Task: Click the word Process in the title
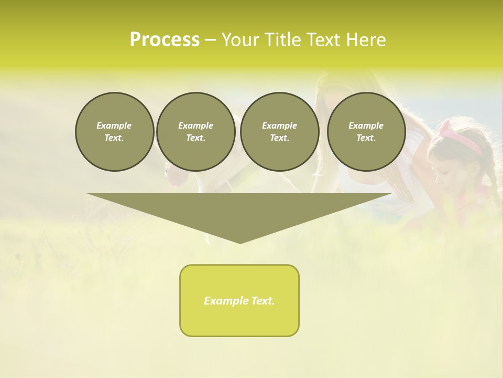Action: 165,40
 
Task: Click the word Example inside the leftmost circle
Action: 114,125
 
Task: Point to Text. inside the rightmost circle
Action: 366,138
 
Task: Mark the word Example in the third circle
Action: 279,125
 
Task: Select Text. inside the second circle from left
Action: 195,138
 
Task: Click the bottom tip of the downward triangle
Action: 240,242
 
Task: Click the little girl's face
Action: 446,168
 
